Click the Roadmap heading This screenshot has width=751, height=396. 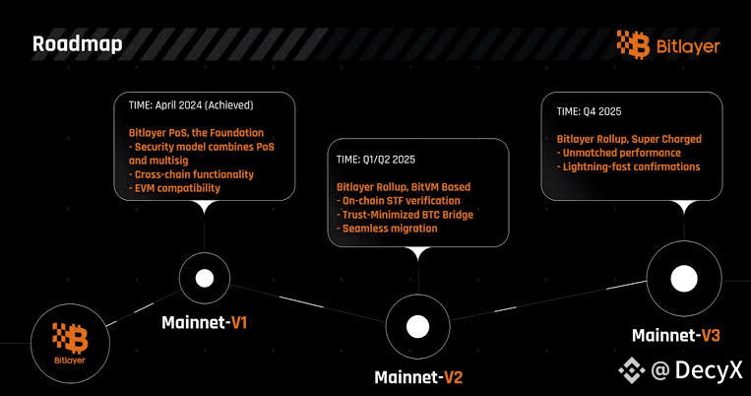pyautogui.click(x=77, y=44)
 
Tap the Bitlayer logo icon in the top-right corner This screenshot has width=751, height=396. pyautogui.click(x=633, y=44)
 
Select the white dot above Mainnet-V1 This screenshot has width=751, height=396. pyautogui.click(x=205, y=278)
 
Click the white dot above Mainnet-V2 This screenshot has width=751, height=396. pyautogui.click(x=417, y=326)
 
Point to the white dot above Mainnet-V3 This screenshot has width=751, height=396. pyautogui.click(x=684, y=279)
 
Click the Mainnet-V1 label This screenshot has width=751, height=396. pyautogui.click(x=205, y=323)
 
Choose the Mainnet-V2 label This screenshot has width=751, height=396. pyautogui.click(x=418, y=377)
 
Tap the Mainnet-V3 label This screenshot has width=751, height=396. pyautogui.click(x=676, y=335)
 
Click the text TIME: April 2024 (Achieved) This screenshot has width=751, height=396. pyautogui.click(x=191, y=105)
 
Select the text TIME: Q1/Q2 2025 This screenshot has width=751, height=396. pyautogui.click(x=376, y=160)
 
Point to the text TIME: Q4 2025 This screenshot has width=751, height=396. pyautogui.click(x=590, y=111)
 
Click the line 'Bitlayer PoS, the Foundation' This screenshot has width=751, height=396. pyautogui.click(x=197, y=133)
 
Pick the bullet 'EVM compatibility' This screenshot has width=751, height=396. pyautogui.click(x=174, y=188)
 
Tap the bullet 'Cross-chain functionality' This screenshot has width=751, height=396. pyautogui.click(x=191, y=174)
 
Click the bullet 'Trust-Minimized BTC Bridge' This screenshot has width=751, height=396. pyautogui.click(x=406, y=215)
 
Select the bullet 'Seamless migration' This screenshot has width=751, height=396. pyautogui.click(x=387, y=229)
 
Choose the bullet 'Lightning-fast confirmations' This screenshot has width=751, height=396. pyautogui.click(x=628, y=166)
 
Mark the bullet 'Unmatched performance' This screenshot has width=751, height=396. pyautogui.click(x=619, y=153)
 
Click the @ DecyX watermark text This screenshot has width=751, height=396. pyautogui.click(x=697, y=370)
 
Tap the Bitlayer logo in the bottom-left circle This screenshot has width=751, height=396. pyautogui.click(x=70, y=343)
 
